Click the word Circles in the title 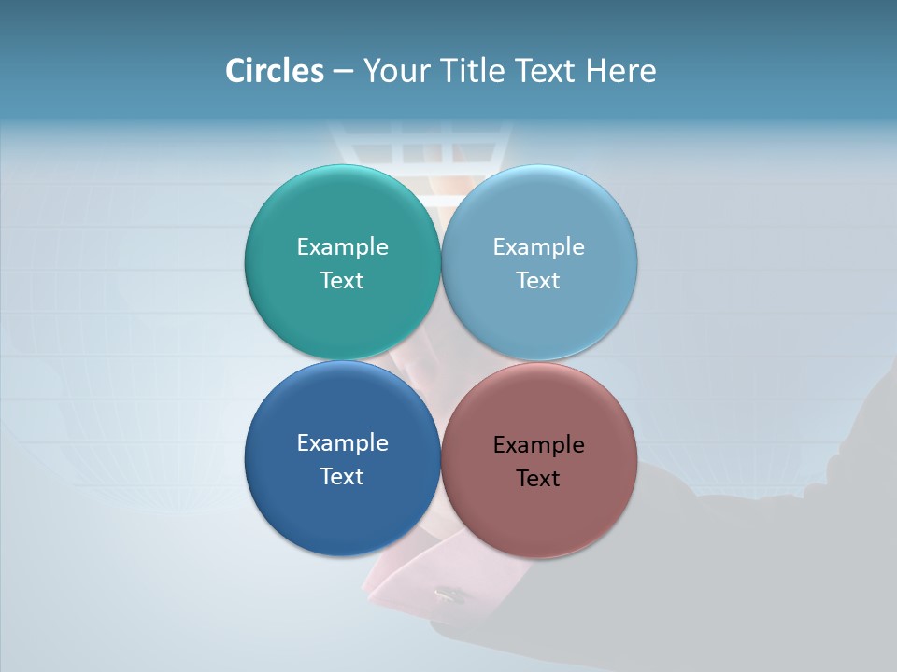pyautogui.click(x=274, y=71)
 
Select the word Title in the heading pyautogui.click(x=473, y=71)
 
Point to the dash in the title pyautogui.click(x=343, y=72)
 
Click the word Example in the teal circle pyautogui.click(x=342, y=246)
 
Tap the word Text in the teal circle pyautogui.click(x=342, y=280)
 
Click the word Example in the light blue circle pyautogui.click(x=538, y=246)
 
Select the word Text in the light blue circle pyautogui.click(x=538, y=280)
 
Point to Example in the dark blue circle pyautogui.click(x=342, y=442)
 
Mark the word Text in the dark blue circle pyautogui.click(x=342, y=476)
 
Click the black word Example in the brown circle pyautogui.click(x=538, y=444)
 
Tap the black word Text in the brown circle pyautogui.click(x=538, y=478)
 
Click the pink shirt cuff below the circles pyautogui.click(x=402, y=583)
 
